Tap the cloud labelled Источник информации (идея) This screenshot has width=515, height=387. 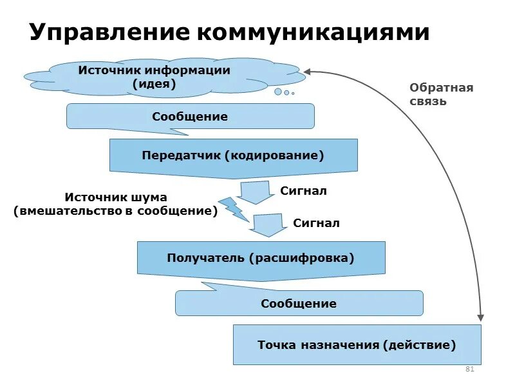154,77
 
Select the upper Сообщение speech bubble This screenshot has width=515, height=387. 190,117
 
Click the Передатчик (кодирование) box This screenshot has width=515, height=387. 233,155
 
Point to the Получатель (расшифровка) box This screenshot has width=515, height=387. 261,258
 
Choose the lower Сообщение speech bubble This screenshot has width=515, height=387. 299,303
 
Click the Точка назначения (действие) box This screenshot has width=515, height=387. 357,345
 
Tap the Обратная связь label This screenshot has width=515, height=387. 441,94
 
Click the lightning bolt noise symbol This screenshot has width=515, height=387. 232,208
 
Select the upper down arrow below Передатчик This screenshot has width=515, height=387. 256,192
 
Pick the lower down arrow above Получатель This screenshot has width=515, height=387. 268,225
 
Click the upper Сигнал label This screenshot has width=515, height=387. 303,191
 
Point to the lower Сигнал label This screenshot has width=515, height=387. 316,223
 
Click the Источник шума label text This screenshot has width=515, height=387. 116,204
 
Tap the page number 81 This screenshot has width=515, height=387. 469,370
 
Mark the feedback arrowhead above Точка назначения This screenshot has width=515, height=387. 480,317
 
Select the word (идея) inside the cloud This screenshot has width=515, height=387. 154,84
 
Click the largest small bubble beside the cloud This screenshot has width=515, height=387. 278,92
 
